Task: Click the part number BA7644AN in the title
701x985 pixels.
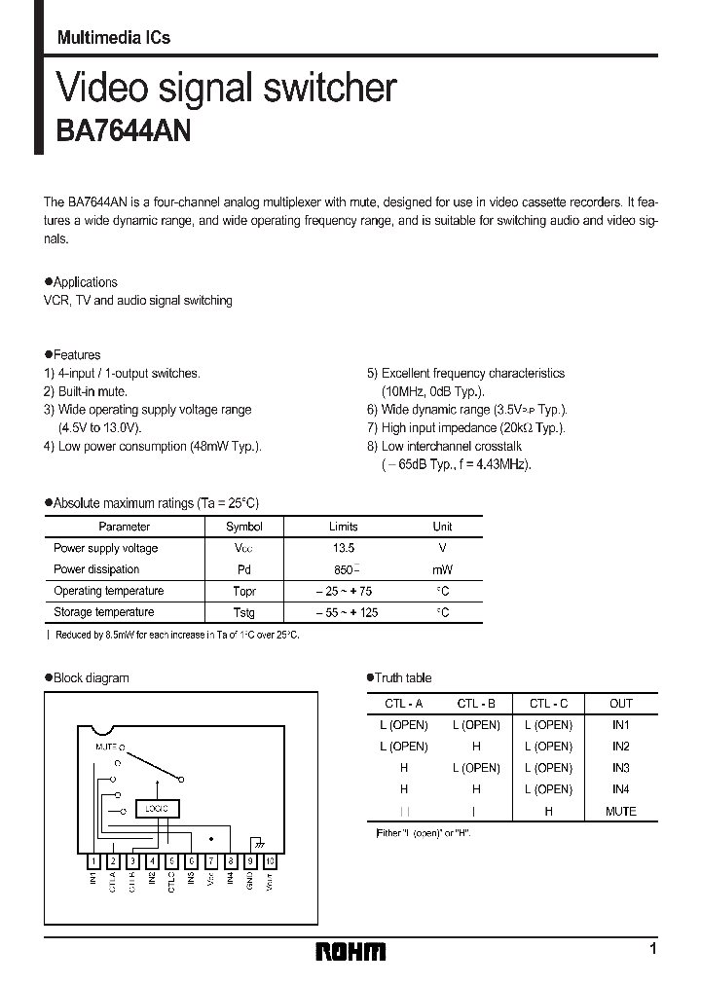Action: (125, 131)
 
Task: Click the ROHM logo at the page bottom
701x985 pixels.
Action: (350, 951)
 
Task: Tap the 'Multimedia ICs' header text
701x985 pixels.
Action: (114, 38)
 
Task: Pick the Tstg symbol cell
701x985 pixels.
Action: (243, 612)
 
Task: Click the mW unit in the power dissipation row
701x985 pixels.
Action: (442, 569)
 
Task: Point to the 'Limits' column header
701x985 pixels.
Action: (344, 527)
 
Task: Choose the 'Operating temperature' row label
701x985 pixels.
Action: (108, 591)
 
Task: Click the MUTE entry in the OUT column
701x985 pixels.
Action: (620, 811)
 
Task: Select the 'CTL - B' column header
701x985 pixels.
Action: (476, 703)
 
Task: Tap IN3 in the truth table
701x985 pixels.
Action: (620, 768)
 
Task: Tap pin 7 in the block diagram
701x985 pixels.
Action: (210, 860)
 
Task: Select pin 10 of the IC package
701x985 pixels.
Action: (270, 860)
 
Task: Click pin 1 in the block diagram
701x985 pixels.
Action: (93, 860)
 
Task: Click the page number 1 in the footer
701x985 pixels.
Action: (652, 948)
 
